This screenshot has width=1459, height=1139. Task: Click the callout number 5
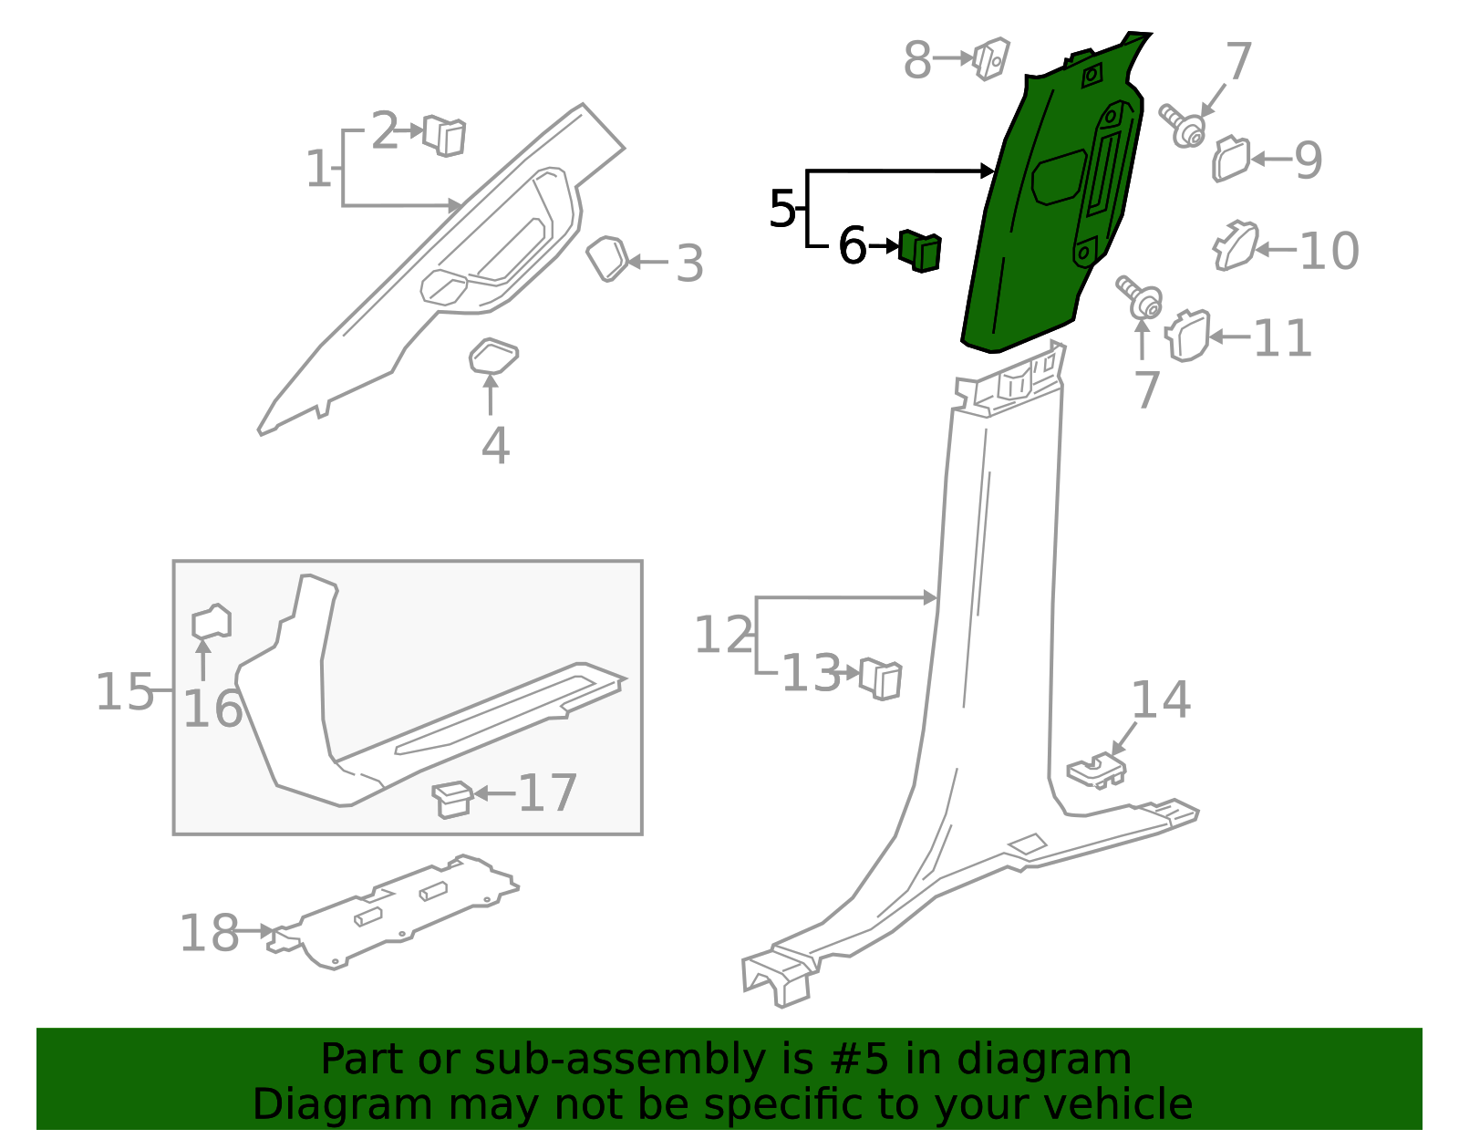(x=782, y=210)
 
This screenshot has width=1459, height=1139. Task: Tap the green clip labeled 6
(x=920, y=250)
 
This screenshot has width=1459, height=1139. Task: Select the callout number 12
(x=723, y=636)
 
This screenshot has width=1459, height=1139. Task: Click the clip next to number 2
(x=445, y=136)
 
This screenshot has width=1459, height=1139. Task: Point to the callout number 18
(x=209, y=934)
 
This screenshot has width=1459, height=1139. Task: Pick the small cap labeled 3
(x=606, y=258)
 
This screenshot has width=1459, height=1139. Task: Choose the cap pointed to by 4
(x=492, y=357)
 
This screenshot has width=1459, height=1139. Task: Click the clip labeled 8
(x=990, y=58)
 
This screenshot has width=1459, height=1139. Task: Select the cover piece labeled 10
(x=1236, y=246)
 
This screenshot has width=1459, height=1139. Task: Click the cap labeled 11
(x=1188, y=336)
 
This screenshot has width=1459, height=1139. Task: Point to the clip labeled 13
(x=881, y=678)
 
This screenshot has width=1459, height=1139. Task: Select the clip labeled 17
(x=452, y=798)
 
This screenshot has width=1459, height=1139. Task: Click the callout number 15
(x=124, y=692)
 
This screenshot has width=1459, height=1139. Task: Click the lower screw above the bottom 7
(x=1141, y=297)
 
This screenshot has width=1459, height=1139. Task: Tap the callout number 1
(x=317, y=170)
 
